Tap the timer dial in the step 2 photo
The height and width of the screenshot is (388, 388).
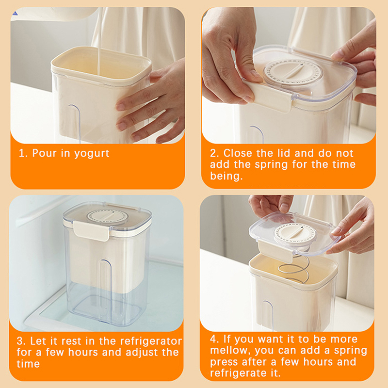click(293, 71)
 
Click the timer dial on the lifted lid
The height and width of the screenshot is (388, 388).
click(295, 234)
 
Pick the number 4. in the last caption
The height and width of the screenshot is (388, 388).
click(215, 339)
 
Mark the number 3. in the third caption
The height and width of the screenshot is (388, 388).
click(21, 342)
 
